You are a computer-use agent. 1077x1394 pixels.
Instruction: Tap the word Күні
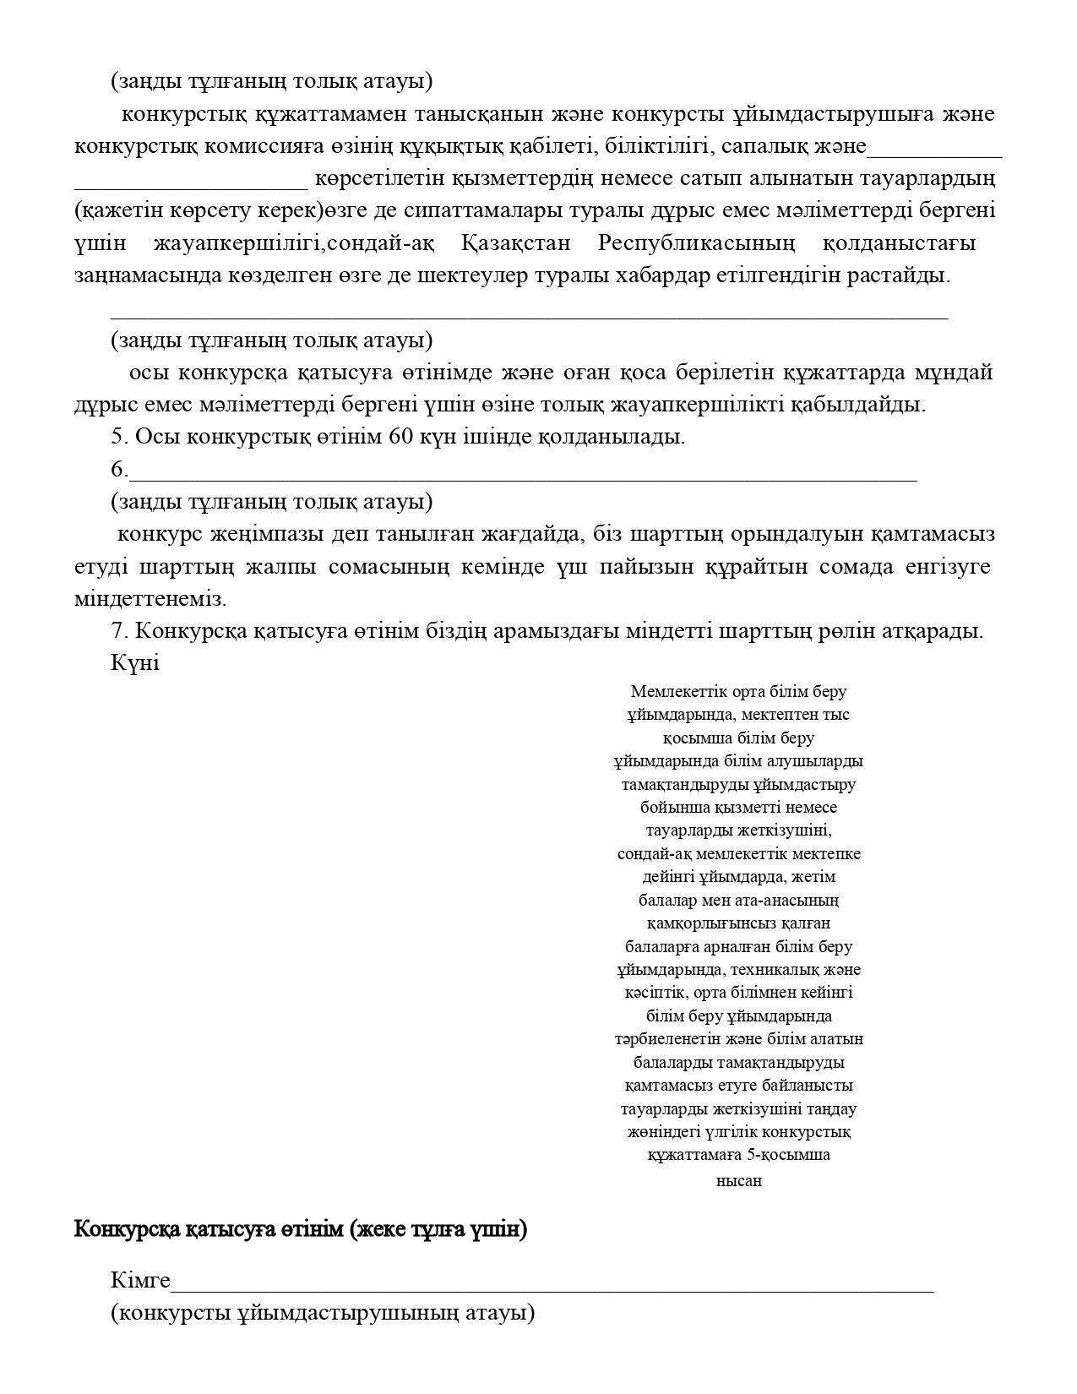pyautogui.click(x=135, y=663)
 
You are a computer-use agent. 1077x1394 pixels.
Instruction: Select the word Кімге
pyautogui.click(x=140, y=1281)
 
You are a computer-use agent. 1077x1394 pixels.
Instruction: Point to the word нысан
pyautogui.click(x=739, y=1181)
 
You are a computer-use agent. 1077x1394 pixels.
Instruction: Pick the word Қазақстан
pyautogui.click(x=516, y=243)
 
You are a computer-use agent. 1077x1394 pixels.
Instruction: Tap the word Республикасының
pyautogui.click(x=696, y=243)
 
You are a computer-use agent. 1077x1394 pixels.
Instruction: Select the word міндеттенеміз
pyautogui.click(x=150, y=599)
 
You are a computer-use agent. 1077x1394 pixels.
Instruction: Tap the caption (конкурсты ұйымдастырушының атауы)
pyautogui.click(x=323, y=1313)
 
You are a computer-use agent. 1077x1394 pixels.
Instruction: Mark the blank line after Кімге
pyautogui.click(x=552, y=1289)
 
